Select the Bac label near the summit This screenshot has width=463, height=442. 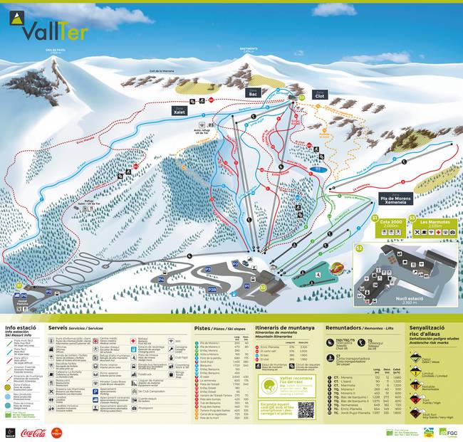coord(252,93)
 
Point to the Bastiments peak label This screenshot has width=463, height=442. coord(248,49)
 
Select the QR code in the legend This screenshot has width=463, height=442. coord(306,409)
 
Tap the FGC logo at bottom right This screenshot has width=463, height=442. coord(449,431)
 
